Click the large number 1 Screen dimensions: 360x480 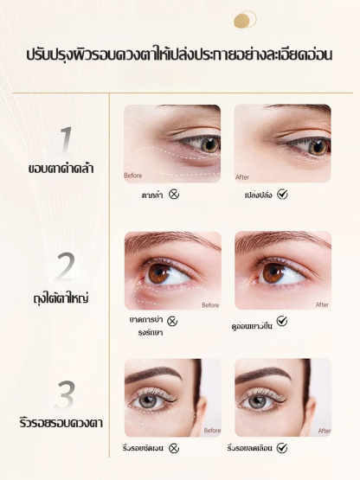(66, 139)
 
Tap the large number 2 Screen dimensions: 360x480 (64, 266)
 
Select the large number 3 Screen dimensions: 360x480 (65, 395)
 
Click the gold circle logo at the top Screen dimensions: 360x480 (245, 19)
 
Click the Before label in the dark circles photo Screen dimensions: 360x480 (133, 176)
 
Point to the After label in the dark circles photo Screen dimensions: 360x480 (242, 177)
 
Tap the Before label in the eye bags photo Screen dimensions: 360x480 (210, 305)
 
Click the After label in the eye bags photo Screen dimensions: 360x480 (322, 304)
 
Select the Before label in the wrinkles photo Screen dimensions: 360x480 (212, 431)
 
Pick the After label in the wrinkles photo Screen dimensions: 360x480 (325, 431)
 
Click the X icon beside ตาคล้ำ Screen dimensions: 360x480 (174, 194)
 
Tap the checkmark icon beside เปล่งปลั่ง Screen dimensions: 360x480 (282, 194)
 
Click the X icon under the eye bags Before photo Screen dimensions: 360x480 (172, 321)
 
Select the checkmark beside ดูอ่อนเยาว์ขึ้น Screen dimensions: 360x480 (282, 321)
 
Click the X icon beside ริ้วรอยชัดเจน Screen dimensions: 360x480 (174, 448)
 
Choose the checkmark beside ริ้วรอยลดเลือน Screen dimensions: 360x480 (282, 448)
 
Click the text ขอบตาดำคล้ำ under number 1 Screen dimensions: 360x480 (61, 168)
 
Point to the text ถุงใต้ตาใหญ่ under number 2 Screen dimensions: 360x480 (61, 298)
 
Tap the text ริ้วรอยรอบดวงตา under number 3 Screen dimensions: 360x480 (61, 423)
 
